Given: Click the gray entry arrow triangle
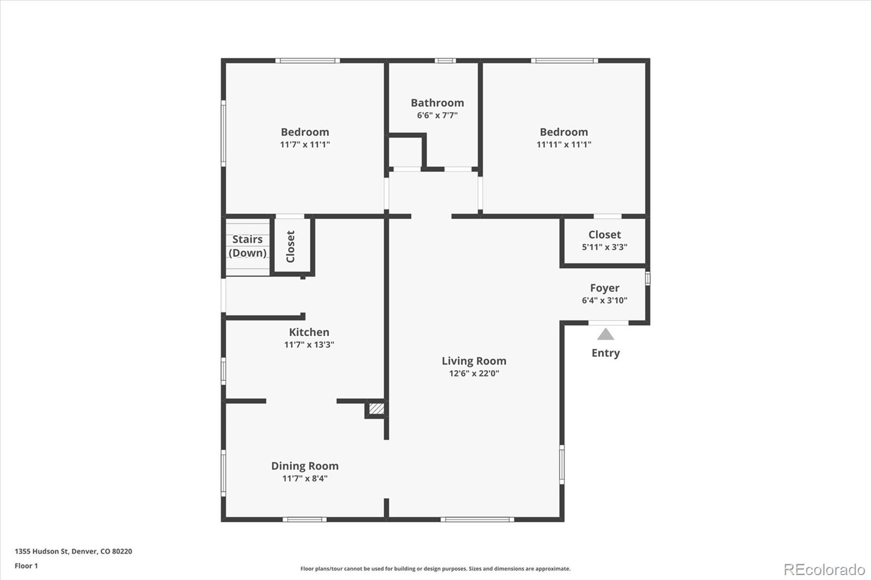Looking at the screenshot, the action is click(x=605, y=334).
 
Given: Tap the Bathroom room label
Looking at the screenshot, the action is click(x=438, y=103).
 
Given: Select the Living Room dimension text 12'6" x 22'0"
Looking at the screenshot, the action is click(x=474, y=373).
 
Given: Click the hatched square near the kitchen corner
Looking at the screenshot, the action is click(x=376, y=409).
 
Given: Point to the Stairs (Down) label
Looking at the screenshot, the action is click(x=247, y=246).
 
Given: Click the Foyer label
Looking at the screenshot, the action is click(x=605, y=288).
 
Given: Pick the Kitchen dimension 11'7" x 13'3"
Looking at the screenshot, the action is click(x=309, y=344).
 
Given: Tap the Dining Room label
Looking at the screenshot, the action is click(x=305, y=466).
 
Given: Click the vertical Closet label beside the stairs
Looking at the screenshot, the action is click(x=291, y=246).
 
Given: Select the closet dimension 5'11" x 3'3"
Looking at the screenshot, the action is click(x=605, y=247).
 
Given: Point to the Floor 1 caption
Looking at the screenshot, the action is click(x=27, y=566).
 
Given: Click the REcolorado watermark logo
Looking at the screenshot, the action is click(x=824, y=570).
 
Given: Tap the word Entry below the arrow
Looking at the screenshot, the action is click(x=605, y=353).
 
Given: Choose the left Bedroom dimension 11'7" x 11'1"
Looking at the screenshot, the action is click(x=305, y=144).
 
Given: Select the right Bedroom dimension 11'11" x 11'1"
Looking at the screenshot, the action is click(x=564, y=144).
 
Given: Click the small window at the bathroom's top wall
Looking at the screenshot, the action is click(x=445, y=60).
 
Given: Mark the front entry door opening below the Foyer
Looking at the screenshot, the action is click(x=608, y=323).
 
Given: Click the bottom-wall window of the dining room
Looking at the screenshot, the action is click(x=304, y=520).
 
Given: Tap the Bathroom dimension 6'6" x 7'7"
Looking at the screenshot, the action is click(x=438, y=115).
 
